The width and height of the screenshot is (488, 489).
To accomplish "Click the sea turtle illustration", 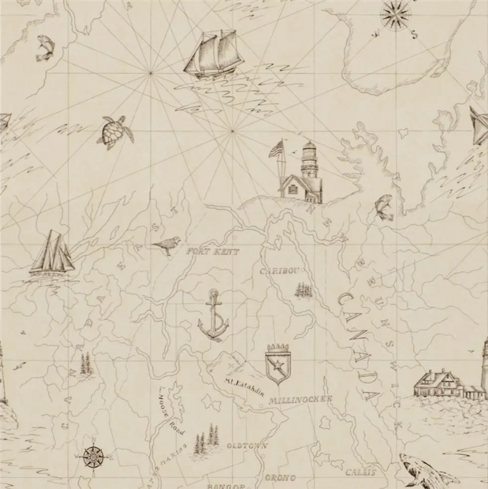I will coord(116,132).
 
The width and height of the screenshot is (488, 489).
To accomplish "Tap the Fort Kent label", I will coord(212,252).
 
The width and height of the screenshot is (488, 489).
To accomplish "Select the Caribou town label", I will coord(279,271).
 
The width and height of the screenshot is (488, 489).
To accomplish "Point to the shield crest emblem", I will coord(279,364).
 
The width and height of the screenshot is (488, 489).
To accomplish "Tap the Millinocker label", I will coord(300,400).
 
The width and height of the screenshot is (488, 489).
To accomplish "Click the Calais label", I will coord(359,473).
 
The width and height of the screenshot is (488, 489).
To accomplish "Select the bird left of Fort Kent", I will coord(166,246).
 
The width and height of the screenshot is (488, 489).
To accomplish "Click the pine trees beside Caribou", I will coord(304,289).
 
